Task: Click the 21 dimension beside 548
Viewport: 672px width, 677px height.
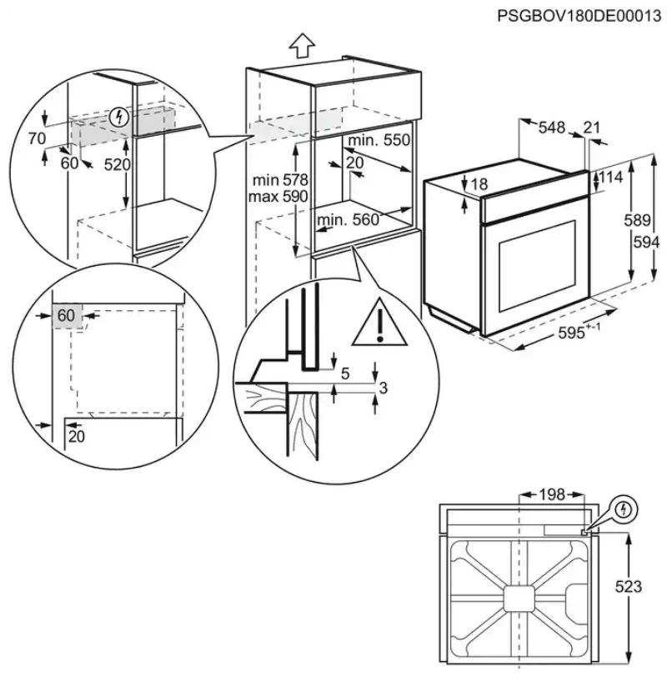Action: click(x=591, y=127)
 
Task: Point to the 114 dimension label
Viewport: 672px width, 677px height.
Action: click(x=610, y=178)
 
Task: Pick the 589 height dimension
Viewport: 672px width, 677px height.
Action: click(x=638, y=221)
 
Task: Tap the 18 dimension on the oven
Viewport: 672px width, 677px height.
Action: click(x=479, y=184)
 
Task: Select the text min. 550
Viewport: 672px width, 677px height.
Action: click(x=379, y=141)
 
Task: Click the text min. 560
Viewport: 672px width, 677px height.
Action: click(x=348, y=219)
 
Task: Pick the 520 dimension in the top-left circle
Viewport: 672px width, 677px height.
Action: click(x=118, y=164)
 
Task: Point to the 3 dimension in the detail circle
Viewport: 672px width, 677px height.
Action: click(x=384, y=389)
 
